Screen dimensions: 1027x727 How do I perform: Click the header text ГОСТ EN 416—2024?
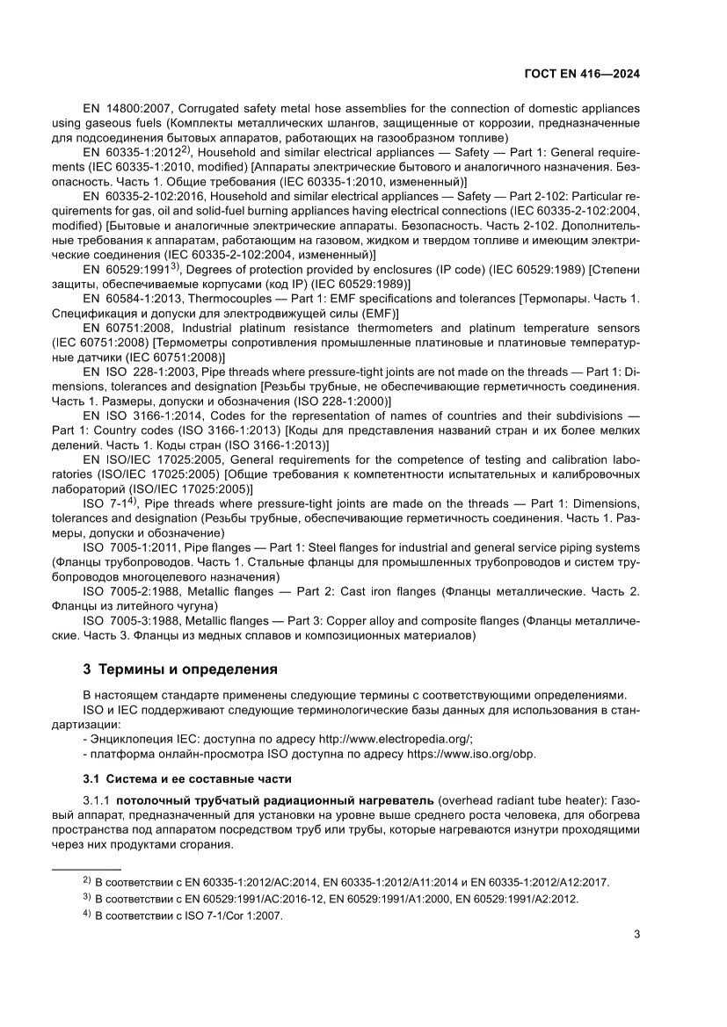582,75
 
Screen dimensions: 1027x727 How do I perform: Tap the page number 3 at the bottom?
636,934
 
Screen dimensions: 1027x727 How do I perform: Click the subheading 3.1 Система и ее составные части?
186,778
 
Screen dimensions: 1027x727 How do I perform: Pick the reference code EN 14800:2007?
123,107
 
